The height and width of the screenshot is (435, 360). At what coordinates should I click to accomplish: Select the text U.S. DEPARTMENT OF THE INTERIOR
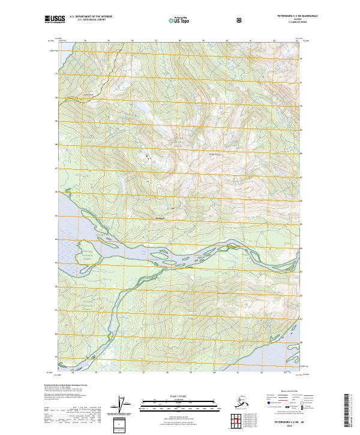[x=91, y=17]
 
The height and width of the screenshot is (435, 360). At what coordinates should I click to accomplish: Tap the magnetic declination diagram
[x=124, y=405]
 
